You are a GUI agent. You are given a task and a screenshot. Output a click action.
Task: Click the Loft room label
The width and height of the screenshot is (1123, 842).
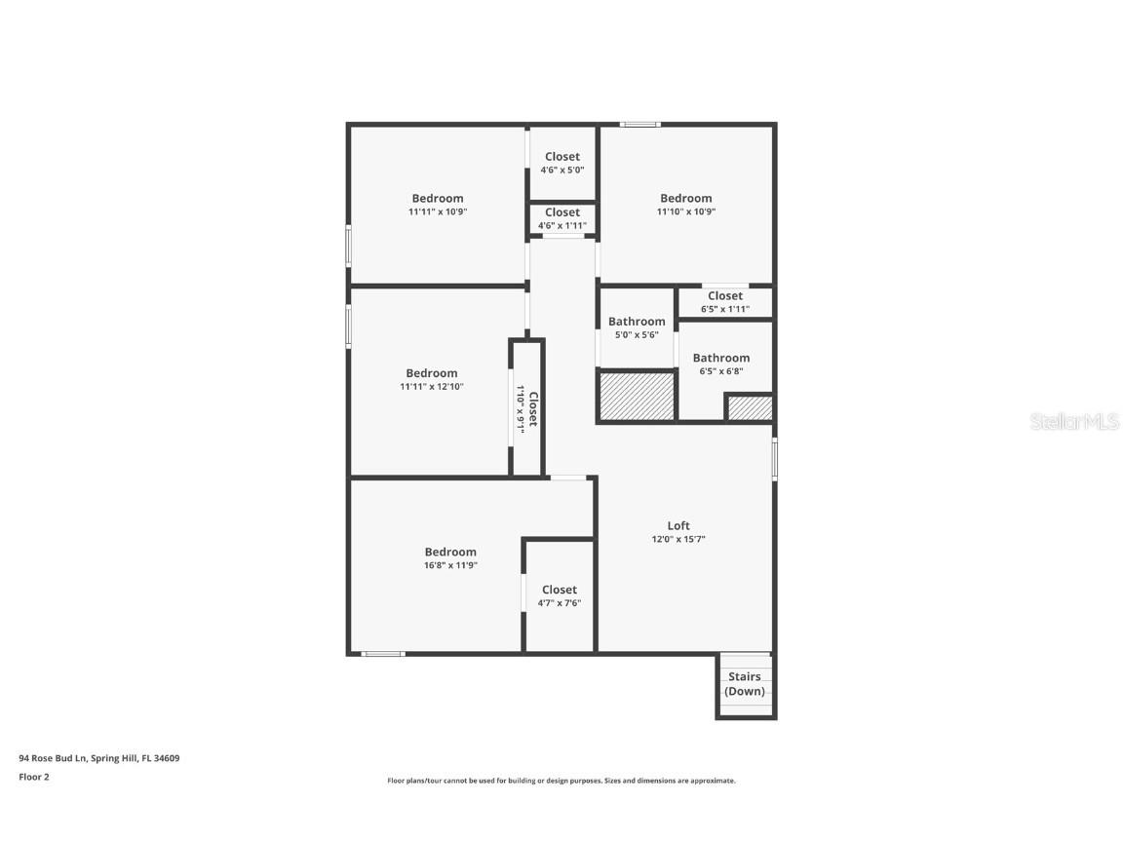pyautogui.click(x=678, y=526)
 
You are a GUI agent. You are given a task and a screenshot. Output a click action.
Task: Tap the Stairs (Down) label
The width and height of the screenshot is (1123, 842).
pyautogui.click(x=746, y=684)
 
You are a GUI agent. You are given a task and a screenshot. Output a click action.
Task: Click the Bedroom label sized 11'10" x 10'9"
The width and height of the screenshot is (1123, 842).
pyautogui.click(x=685, y=198)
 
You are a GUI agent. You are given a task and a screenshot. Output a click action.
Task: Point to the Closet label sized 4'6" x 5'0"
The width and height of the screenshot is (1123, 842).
pyautogui.click(x=562, y=156)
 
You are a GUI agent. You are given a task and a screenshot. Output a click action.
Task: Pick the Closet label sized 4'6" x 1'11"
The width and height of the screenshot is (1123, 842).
pyautogui.click(x=562, y=212)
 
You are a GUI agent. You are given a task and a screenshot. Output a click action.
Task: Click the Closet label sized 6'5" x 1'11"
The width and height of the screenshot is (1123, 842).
pyautogui.click(x=725, y=295)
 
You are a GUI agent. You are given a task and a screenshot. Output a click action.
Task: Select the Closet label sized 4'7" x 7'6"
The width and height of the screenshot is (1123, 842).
pyautogui.click(x=560, y=590)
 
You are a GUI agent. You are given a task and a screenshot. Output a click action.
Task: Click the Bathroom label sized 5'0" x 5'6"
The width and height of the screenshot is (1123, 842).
pyautogui.click(x=637, y=322)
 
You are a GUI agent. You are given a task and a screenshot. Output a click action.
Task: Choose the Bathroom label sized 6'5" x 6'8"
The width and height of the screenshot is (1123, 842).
pyautogui.click(x=721, y=358)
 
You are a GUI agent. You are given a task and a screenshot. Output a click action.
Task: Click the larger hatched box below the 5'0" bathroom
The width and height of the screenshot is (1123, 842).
pyautogui.click(x=637, y=397)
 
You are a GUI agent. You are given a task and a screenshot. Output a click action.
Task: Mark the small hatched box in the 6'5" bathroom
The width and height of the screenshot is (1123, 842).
pyautogui.click(x=750, y=407)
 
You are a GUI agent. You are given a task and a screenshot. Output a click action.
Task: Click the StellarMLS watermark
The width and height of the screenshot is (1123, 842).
pyautogui.click(x=1076, y=421)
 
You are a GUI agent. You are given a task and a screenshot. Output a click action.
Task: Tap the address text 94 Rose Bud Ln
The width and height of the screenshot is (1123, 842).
pyautogui.click(x=98, y=757)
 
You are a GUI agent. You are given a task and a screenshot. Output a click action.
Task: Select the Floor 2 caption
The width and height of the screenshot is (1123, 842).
pyautogui.click(x=33, y=777)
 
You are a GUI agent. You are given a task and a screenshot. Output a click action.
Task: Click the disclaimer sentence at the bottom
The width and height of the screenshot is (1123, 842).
pyautogui.click(x=561, y=781)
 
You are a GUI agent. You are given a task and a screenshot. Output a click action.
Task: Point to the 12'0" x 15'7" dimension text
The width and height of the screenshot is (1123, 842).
pyautogui.click(x=678, y=539)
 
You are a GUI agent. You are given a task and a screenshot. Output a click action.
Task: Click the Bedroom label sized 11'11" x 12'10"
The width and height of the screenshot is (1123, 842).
pyautogui.click(x=432, y=373)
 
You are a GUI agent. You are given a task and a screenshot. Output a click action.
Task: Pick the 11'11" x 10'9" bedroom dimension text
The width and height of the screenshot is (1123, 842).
pyautogui.click(x=438, y=211)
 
